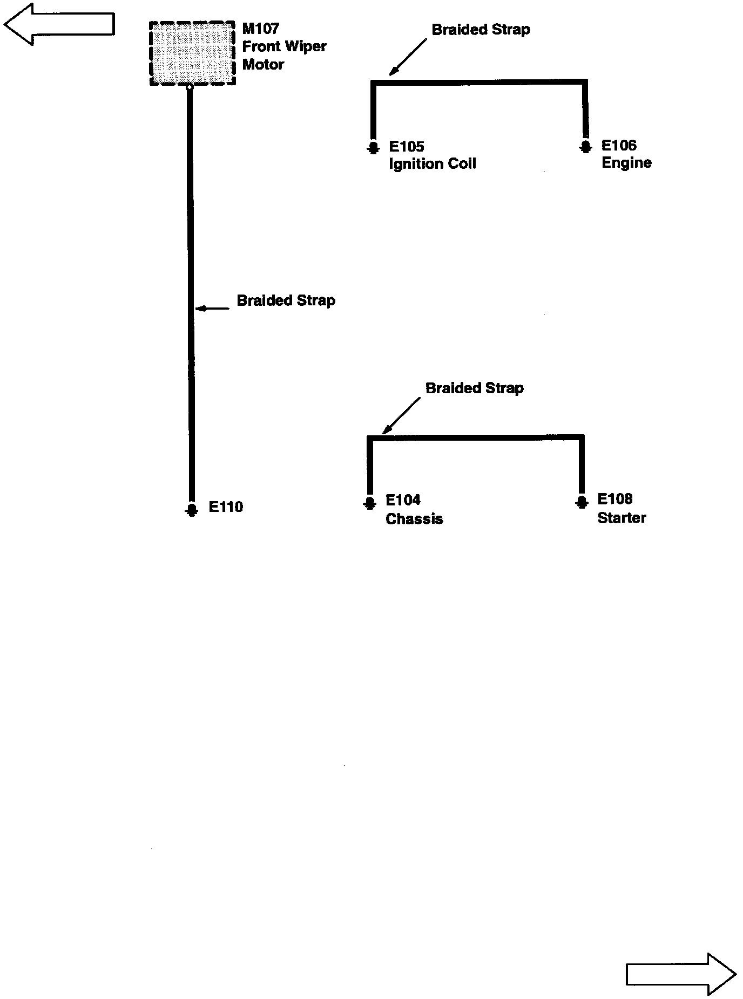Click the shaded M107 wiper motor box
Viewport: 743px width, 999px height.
(192, 53)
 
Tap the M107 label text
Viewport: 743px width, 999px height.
(260, 29)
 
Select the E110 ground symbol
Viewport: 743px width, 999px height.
(191, 509)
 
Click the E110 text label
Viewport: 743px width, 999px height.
(226, 507)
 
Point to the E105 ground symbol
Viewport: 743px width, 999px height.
(373, 148)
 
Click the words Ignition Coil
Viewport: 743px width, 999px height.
(433, 164)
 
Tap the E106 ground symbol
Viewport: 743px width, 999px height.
(585, 147)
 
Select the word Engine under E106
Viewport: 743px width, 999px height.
(626, 163)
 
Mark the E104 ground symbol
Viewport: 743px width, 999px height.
(369, 503)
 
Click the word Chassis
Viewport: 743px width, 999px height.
(414, 519)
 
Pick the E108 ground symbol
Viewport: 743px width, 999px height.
(582, 502)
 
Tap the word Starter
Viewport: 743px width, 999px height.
(622, 518)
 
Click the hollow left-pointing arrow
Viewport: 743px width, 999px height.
(59, 24)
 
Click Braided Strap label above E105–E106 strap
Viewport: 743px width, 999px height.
(481, 30)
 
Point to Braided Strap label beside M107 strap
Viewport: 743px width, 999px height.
(286, 300)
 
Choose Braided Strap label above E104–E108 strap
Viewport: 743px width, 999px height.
(475, 388)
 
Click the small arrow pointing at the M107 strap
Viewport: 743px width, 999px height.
(212, 309)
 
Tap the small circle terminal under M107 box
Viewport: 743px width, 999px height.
(190, 86)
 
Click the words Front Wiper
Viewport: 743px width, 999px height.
(284, 46)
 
